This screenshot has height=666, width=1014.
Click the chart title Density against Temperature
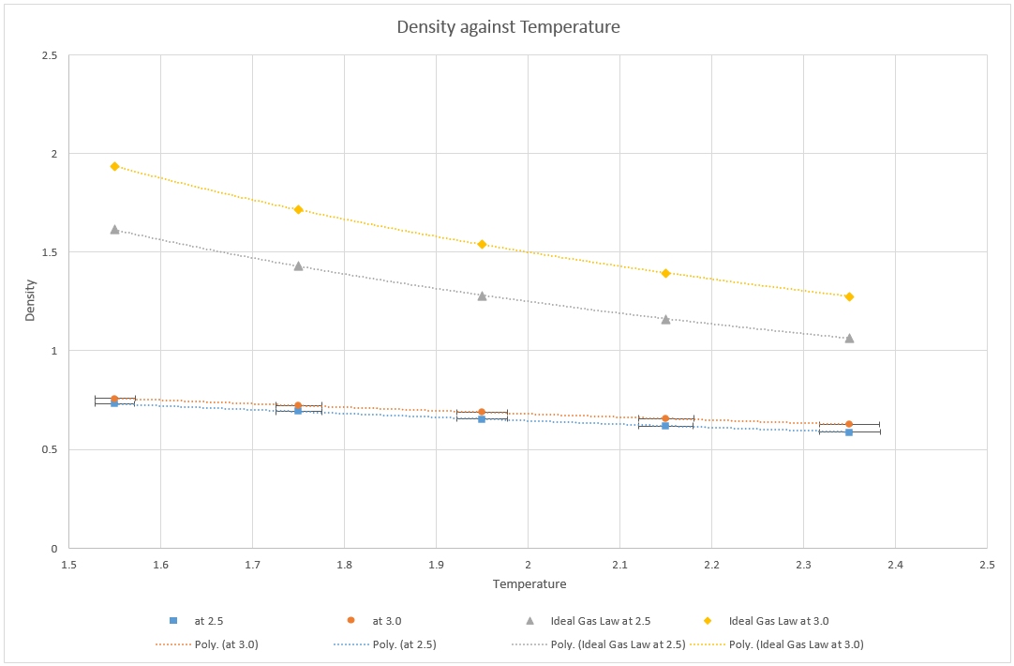click(508, 27)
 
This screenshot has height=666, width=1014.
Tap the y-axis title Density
click(30, 301)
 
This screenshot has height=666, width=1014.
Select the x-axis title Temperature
click(529, 584)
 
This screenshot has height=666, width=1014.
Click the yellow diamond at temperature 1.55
click(114, 166)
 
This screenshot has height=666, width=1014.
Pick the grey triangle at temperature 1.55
click(114, 229)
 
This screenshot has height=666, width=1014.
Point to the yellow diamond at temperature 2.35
click(849, 296)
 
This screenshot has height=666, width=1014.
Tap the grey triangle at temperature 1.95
click(482, 295)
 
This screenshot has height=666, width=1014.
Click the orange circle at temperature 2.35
click(849, 424)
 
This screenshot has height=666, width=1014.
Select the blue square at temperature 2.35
click(849, 432)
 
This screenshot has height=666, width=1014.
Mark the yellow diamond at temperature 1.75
click(298, 209)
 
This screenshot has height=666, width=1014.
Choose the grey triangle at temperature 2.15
click(665, 319)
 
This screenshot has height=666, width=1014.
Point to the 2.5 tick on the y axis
click(50, 55)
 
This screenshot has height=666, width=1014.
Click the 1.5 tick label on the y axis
click(50, 252)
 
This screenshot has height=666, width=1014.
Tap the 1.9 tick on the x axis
click(436, 566)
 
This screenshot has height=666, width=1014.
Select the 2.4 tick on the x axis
click(895, 566)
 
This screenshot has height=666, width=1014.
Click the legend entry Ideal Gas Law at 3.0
click(778, 621)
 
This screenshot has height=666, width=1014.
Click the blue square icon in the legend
click(173, 621)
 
